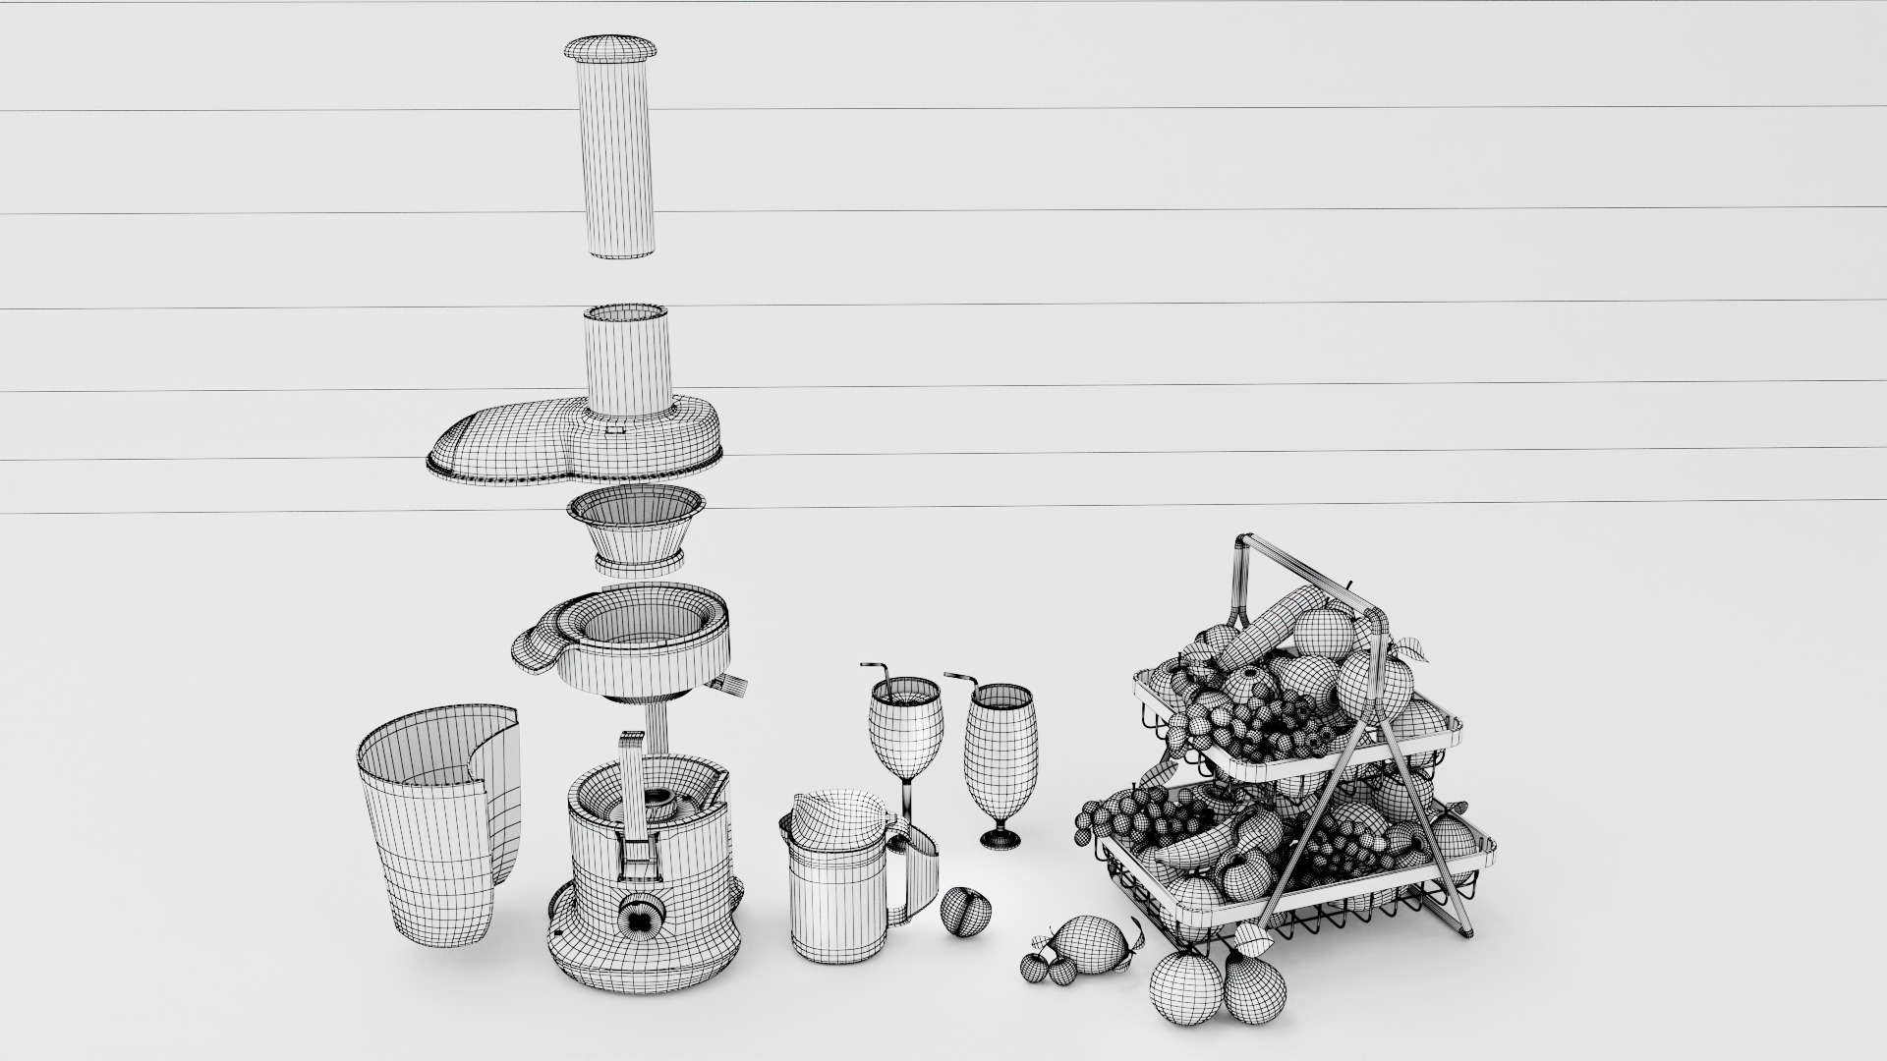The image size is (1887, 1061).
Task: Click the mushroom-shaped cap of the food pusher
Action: tap(608, 47)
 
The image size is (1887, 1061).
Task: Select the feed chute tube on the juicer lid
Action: tap(629, 359)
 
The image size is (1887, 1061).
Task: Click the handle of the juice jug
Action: tap(919, 874)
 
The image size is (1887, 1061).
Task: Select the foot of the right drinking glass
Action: tap(1000, 838)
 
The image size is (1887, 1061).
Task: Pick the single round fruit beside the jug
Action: tap(965, 912)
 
